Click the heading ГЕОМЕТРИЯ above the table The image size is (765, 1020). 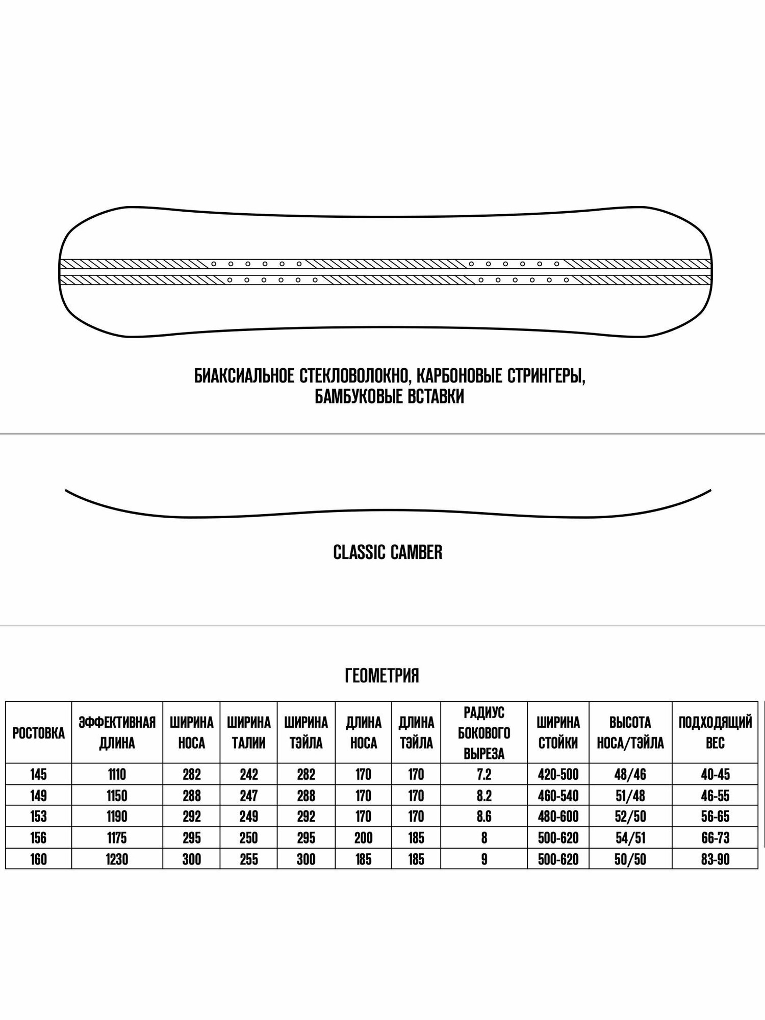pyautogui.click(x=382, y=676)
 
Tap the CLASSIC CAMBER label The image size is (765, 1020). pyautogui.click(x=388, y=552)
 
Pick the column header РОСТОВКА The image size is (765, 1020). pyautogui.click(x=38, y=733)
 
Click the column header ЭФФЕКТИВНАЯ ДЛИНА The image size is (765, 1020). pyautogui.click(x=117, y=733)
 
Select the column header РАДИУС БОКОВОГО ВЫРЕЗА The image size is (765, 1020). pyautogui.click(x=484, y=733)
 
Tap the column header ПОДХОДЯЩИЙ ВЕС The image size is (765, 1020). pyautogui.click(x=715, y=733)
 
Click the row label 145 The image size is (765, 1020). pyautogui.click(x=38, y=775)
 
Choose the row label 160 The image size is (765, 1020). pyautogui.click(x=38, y=859)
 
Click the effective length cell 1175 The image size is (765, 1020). pyautogui.click(x=117, y=838)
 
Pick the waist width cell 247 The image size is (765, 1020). pyautogui.click(x=248, y=796)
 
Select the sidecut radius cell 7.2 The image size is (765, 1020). pyautogui.click(x=484, y=775)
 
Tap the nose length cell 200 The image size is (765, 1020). pyautogui.click(x=363, y=838)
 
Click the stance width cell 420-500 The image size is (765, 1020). pyautogui.click(x=558, y=775)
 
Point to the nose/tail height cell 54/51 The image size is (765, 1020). pyautogui.click(x=630, y=838)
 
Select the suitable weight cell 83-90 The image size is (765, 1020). pyautogui.click(x=715, y=859)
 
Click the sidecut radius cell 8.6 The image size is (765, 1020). pyautogui.click(x=484, y=817)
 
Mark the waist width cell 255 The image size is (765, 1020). pyautogui.click(x=248, y=859)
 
